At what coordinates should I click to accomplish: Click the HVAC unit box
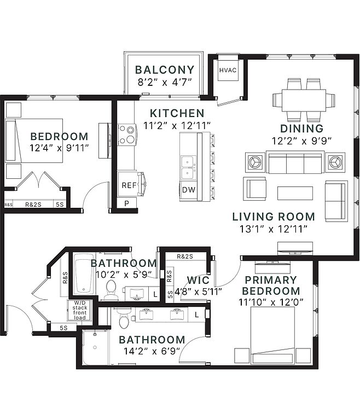click(x=228, y=70)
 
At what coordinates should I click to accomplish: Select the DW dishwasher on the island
click(x=189, y=190)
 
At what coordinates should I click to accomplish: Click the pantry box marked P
click(x=127, y=203)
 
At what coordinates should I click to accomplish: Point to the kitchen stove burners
click(x=126, y=135)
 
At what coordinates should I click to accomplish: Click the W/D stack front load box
click(x=80, y=310)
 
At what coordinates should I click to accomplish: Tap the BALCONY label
click(x=165, y=69)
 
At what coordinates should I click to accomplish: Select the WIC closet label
click(x=198, y=280)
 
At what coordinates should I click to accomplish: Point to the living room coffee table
click(x=295, y=193)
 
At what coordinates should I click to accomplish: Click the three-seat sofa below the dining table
click(x=295, y=162)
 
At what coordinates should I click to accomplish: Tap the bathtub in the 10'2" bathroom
click(x=84, y=273)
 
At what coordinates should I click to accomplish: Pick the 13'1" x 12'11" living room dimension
click(x=273, y=229)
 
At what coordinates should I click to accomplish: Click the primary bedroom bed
click(x=272, y=335)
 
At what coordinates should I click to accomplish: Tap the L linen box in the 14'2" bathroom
click(x=197, y=315)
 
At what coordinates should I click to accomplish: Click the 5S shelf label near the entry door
click(x=63, y=328)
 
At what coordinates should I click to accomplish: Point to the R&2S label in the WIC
click(x=185, y=256)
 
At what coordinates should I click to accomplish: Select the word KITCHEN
click(x=177, y=113)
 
